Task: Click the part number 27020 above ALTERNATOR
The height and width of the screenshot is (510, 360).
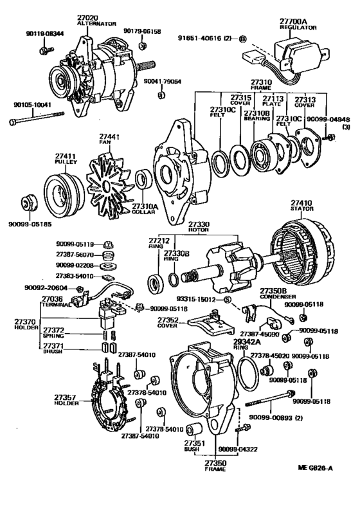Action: click(85, 15)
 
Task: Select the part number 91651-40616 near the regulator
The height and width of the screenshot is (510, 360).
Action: click(204, 39)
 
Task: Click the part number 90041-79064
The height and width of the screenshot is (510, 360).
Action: click(162, 82)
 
